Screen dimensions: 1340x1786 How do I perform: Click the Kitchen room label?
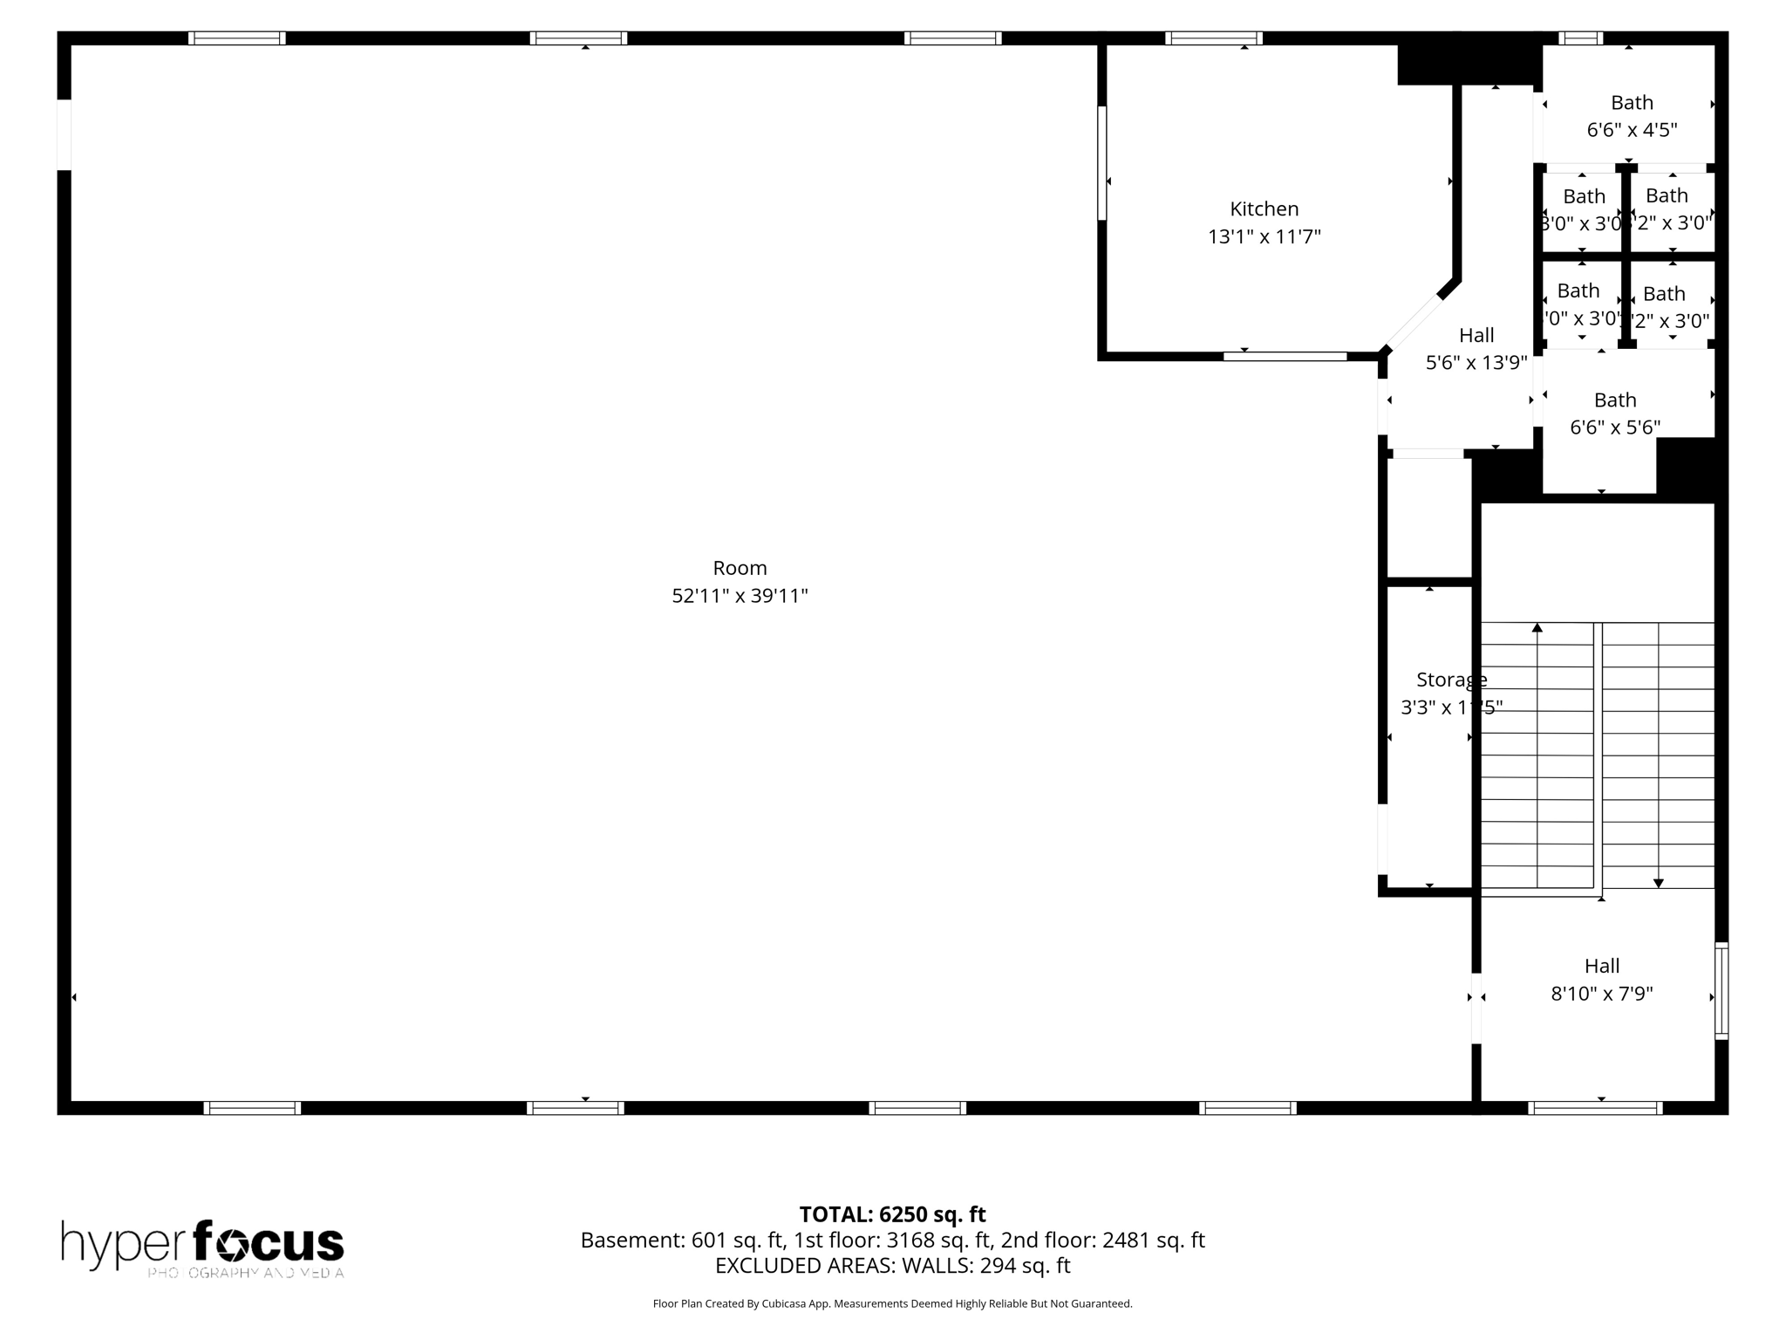point(1264,209)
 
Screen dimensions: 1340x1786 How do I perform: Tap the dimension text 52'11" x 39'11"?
point(740,596)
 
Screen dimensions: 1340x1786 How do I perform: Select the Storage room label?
point(1450,680)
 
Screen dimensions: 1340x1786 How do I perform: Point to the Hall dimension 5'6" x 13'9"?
point(1476,362)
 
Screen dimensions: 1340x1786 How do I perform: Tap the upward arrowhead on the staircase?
point(1537,627)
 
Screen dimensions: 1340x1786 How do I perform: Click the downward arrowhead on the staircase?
point(1658,884)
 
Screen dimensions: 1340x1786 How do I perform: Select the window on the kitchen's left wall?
point(1102,163)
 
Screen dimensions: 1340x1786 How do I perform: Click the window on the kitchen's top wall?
point(1213,38)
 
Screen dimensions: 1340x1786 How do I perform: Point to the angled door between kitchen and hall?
point(1412,323)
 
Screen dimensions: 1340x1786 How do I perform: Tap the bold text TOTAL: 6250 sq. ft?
point(892,1214)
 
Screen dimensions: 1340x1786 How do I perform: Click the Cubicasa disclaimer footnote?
point(892,1303)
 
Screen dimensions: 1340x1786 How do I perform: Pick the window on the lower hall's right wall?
point(1721,990)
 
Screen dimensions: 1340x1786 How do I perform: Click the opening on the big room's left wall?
point(64,134)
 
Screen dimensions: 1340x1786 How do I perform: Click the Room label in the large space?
point(740,568)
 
